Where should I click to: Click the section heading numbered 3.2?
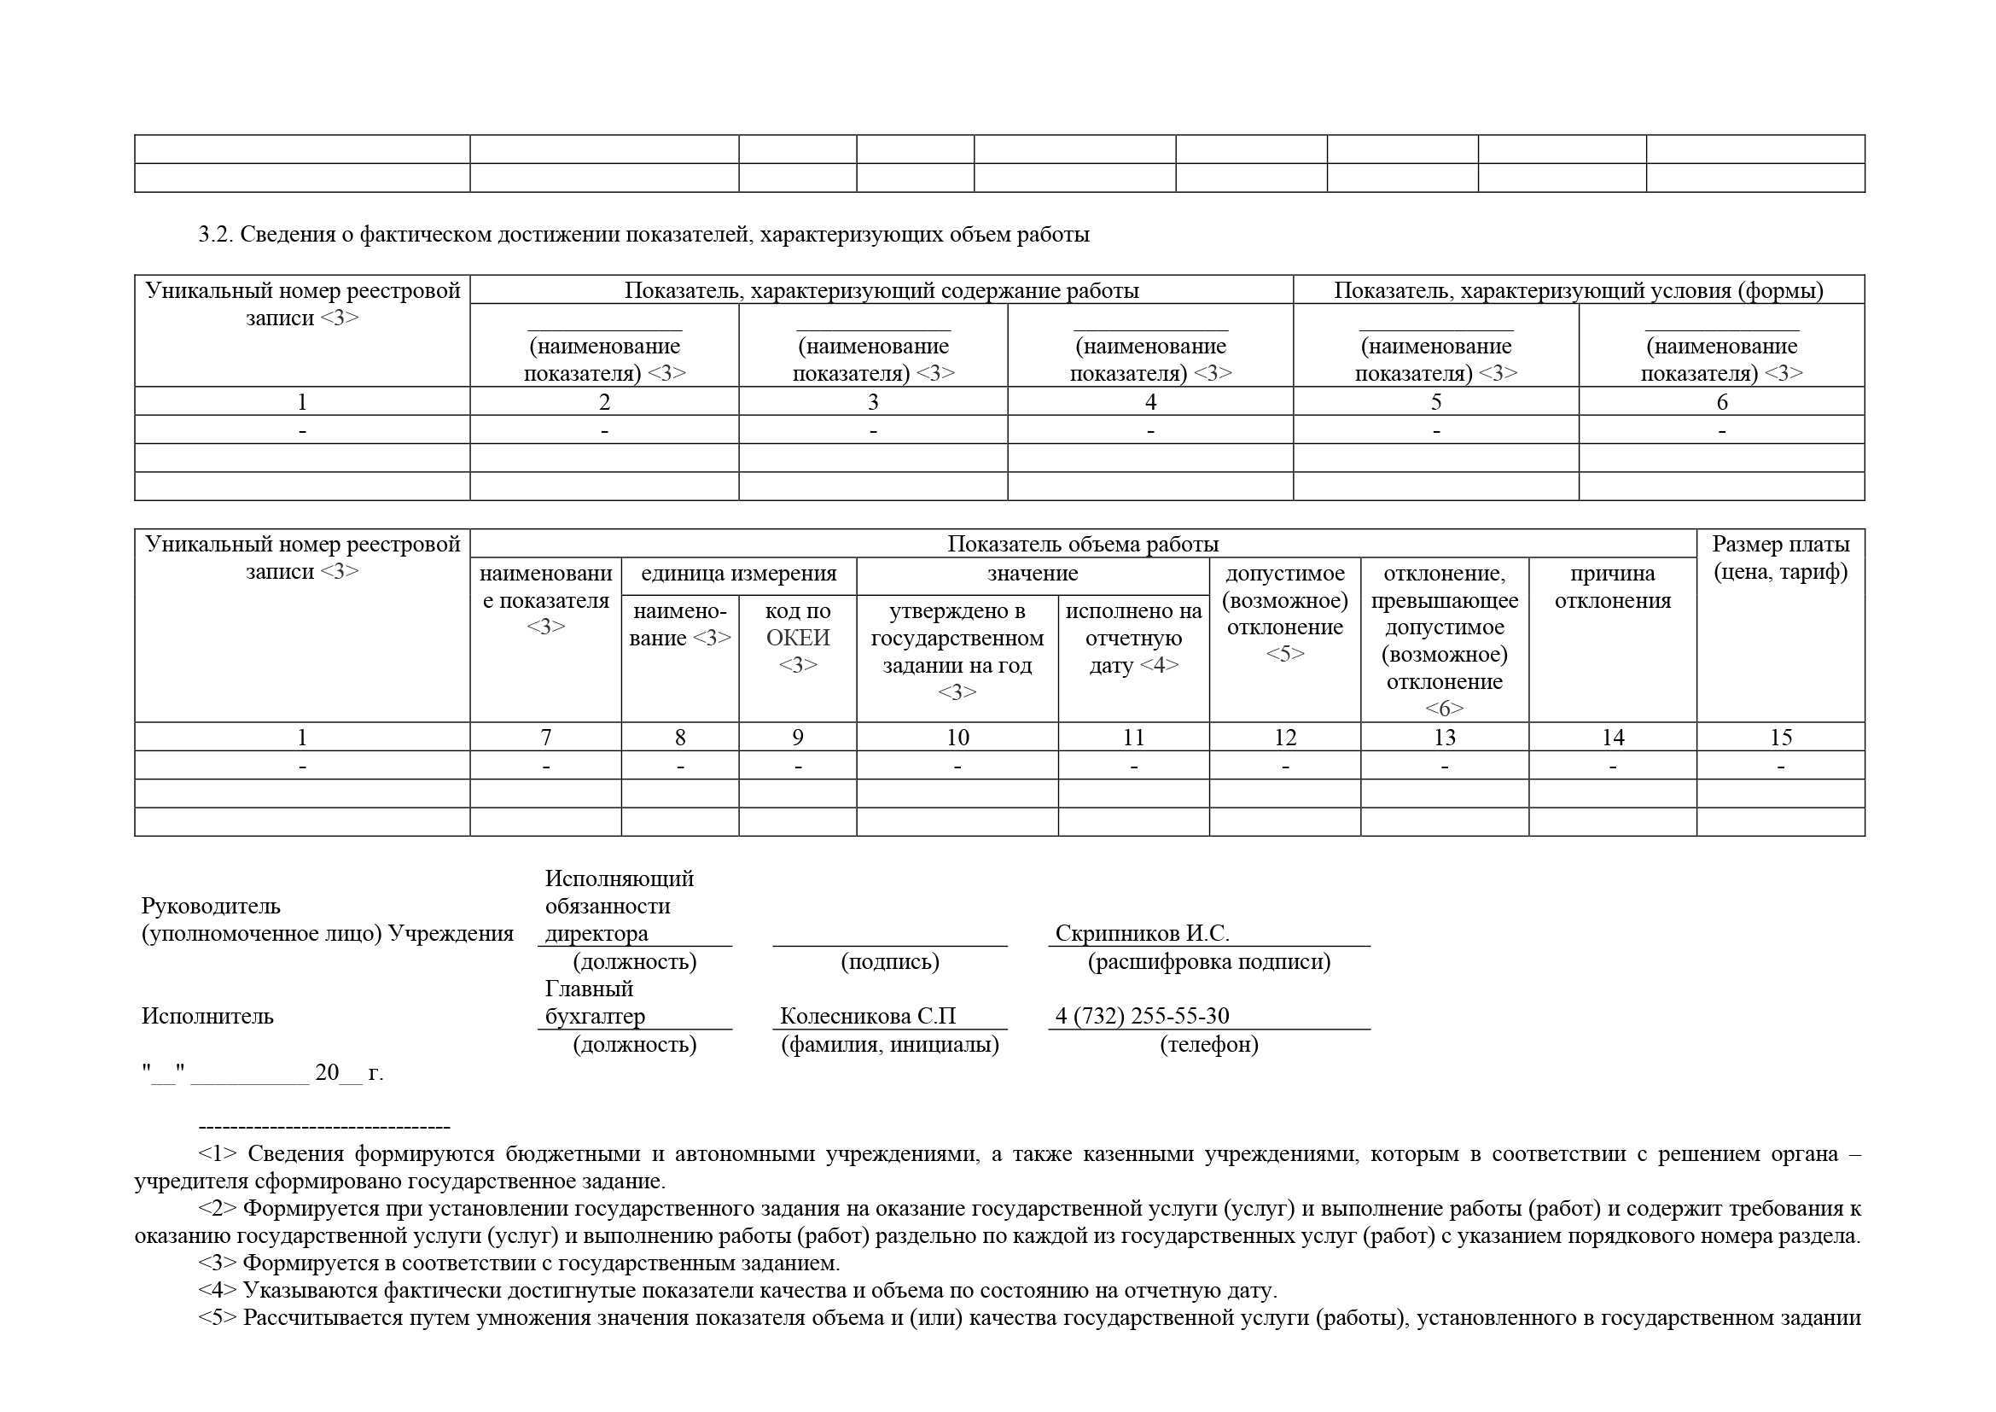point(643,235)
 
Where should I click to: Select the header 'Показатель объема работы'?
point(1082,545)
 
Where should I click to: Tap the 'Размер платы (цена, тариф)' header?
point(1780,558)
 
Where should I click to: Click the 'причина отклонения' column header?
point(1613,586)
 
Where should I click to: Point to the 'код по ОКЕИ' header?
point(797,638)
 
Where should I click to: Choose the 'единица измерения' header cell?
point(738,574)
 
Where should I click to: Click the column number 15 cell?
point(1780,738)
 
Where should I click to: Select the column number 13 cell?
point(1444,738)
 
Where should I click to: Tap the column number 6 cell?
point(1721,402)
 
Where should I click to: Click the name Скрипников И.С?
point(1142,934)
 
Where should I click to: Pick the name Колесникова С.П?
point(868,1017)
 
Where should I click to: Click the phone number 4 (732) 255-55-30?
point(1142,1017)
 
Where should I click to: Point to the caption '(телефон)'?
point(1208,1045)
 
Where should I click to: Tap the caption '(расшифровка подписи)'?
point(1208,962)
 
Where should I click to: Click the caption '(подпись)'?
point(889,962)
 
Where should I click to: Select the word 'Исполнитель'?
point(207,1017)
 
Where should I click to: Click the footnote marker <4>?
point(218,1290)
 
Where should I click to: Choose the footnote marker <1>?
point(218,1155)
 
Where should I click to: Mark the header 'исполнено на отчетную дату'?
point(1132,638)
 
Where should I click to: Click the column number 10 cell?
point(957,738)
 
